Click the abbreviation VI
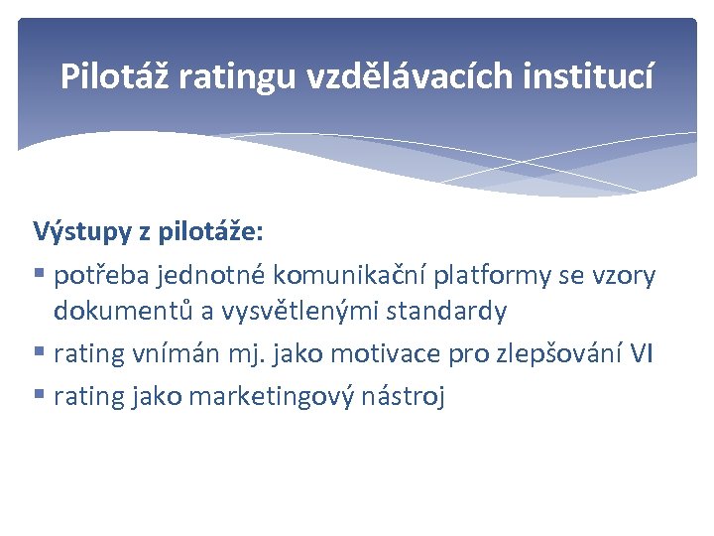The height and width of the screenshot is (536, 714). [x=641, y=353]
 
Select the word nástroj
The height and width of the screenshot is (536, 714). [x=404, y=397]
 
